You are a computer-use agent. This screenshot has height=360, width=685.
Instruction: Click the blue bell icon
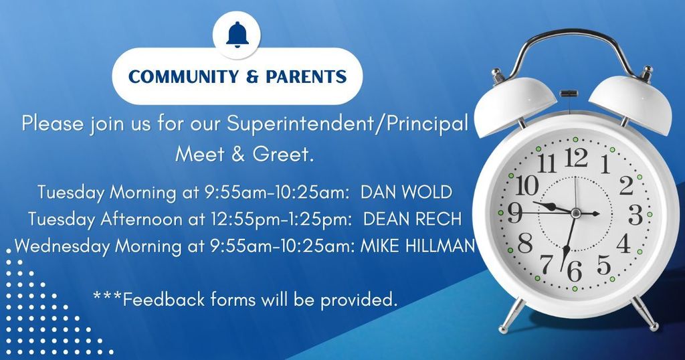[237, 35]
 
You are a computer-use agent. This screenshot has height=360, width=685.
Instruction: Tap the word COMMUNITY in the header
[183, 76]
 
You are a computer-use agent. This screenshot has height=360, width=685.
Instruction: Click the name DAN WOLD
[406, 192]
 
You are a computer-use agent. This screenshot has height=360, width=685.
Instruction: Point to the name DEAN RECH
[412, 219]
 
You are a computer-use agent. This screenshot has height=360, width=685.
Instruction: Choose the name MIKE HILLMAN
[417, 246]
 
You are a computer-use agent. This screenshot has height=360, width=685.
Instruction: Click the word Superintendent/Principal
[347, 124]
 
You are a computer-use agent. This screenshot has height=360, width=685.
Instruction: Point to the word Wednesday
[62, 246]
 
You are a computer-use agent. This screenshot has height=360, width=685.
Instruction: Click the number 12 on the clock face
[576, 158]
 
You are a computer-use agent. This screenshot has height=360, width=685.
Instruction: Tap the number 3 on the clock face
[635, 215]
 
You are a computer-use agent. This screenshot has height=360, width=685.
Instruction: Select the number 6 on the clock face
[575, 271]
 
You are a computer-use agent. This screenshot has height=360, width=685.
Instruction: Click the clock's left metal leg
[512, 315]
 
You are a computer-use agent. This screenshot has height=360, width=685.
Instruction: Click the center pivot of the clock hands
[575, 213]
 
